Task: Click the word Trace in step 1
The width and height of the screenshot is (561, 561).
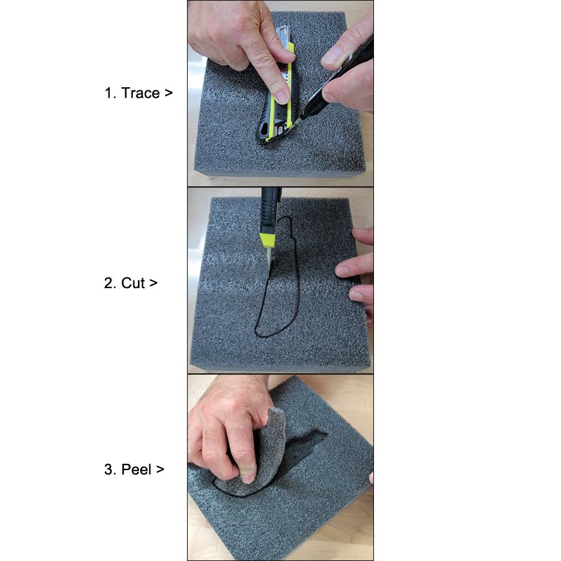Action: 140,93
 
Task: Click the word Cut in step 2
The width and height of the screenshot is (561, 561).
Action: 133,283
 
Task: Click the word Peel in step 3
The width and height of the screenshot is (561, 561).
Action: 137,469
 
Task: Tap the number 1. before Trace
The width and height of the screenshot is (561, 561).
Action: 110,93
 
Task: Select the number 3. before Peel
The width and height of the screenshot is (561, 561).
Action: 110,469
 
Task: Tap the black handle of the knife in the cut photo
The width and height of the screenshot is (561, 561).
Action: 269,206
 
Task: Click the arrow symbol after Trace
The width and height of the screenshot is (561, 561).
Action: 168,94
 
